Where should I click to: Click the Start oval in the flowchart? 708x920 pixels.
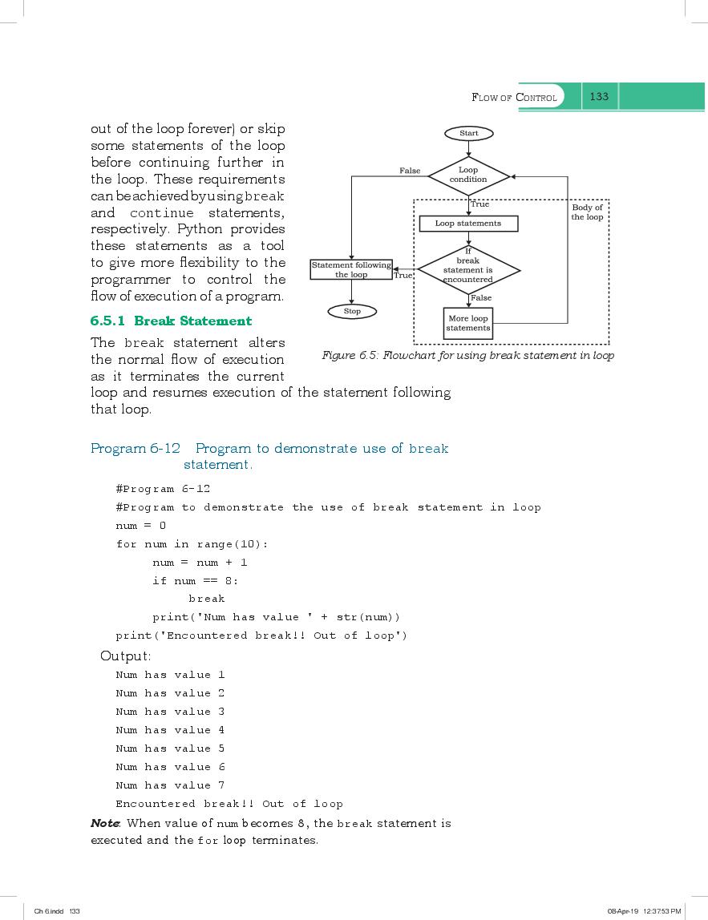(468, 133)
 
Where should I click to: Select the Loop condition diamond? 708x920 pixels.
(468, 175)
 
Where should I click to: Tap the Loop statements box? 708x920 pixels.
(468, 224)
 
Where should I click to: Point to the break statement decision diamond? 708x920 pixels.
(468, 270)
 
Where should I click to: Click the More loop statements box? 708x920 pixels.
(468, 323)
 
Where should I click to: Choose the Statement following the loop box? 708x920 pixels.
(351, 270)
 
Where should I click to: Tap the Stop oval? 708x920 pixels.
(352, 311)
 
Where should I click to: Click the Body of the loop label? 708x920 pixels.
(587, 212)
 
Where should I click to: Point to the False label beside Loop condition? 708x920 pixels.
(410, 171)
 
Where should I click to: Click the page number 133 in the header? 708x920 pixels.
(599, 96)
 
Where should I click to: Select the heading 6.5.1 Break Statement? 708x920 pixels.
(171, 321)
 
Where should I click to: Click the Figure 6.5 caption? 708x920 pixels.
(468, 355)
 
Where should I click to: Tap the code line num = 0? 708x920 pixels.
(141, 526)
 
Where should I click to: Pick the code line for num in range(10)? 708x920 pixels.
(192, 544)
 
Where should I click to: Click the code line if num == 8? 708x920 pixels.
(196, 581)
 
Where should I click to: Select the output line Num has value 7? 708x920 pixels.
(170, 785)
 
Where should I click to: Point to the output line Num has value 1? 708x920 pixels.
(170, 675)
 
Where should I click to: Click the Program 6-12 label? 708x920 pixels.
(136, 448)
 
